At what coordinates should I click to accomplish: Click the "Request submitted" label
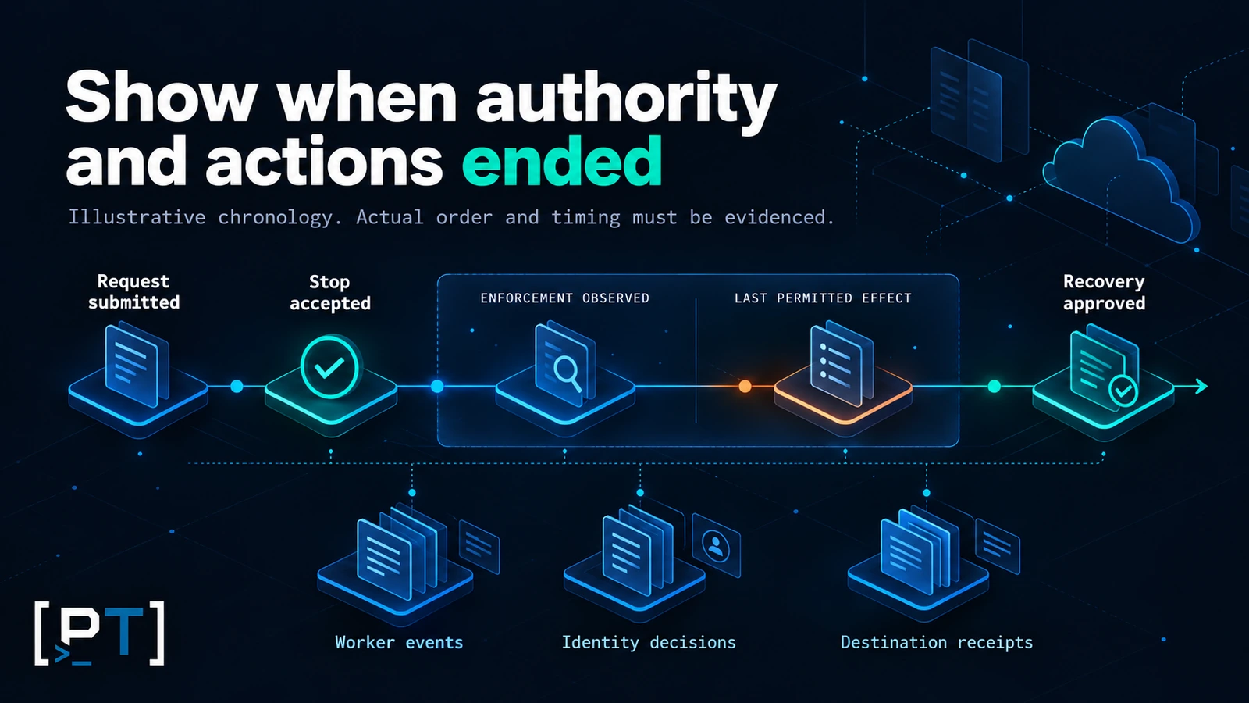coord(133,292)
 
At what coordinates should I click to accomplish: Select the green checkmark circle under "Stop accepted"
coord(329,366)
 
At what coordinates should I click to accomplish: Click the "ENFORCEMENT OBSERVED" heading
coord(565,298)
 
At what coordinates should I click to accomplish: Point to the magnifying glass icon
coord(568,373)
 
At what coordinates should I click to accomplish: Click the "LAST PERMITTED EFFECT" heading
coord(823,298)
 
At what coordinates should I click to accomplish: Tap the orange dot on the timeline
coord(745,386)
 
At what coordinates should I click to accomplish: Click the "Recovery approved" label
coord(1104,292)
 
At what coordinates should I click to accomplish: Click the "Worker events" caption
coord(399,642)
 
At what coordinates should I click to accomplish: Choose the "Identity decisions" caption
coord(649,643)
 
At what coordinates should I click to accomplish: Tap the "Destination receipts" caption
coord(937,643)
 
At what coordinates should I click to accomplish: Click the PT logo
coord(100,633)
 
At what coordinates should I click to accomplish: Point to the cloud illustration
coord(1121,179)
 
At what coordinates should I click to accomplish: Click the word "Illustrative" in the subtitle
coord(137,217)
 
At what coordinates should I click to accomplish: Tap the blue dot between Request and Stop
coord(237,386)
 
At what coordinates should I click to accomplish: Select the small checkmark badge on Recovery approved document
coord(1123,391)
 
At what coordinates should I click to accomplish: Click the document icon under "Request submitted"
coord(137,366)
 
